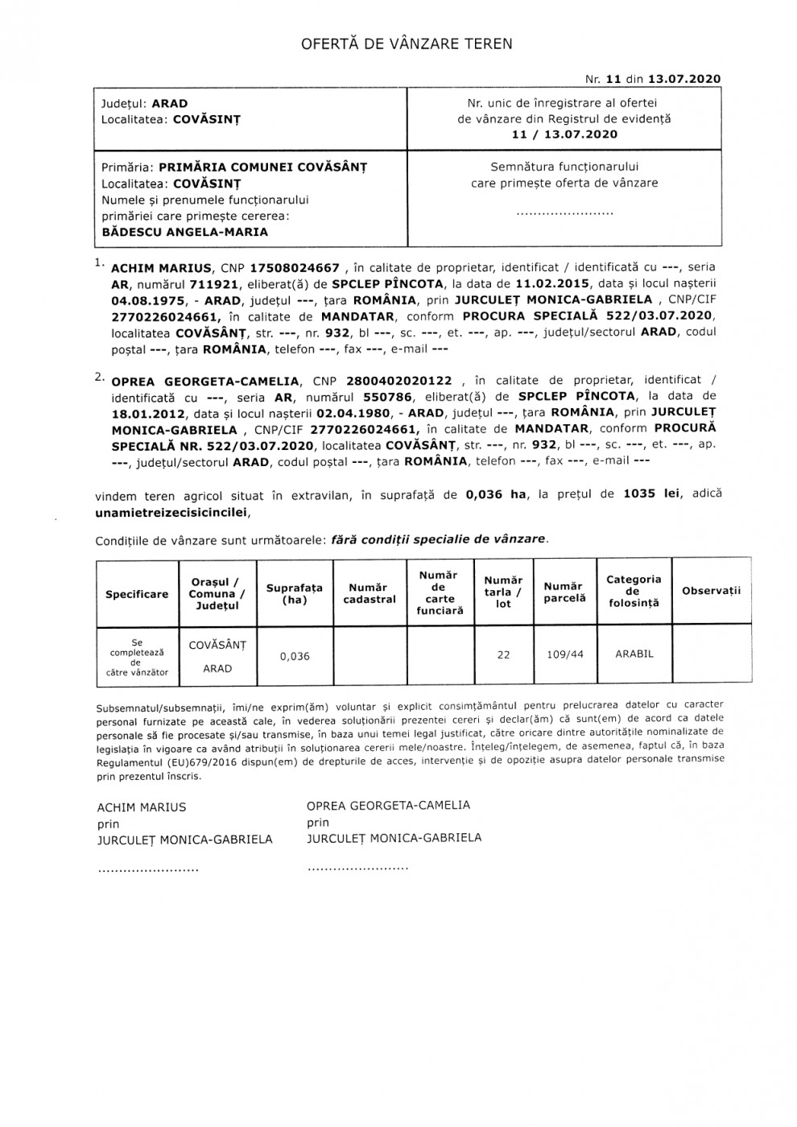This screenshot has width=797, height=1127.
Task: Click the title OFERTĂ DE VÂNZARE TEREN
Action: click(407, 44)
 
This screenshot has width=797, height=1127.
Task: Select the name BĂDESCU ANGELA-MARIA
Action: click(185, 232)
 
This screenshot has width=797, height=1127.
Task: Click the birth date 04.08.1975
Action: click(143, 299)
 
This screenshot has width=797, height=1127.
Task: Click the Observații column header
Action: click(711, 591)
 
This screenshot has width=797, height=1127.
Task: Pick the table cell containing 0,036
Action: click(295, 656)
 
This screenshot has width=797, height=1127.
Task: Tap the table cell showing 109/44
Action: click(565, 654)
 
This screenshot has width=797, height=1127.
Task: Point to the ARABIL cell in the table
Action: click(634, 654)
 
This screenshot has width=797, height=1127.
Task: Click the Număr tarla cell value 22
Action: click(503, 654)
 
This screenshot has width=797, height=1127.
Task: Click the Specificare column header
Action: click(137, 594)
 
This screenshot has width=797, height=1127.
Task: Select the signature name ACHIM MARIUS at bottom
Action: click(142, 807)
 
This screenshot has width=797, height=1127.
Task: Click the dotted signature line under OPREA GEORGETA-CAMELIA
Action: click(357, 869)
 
